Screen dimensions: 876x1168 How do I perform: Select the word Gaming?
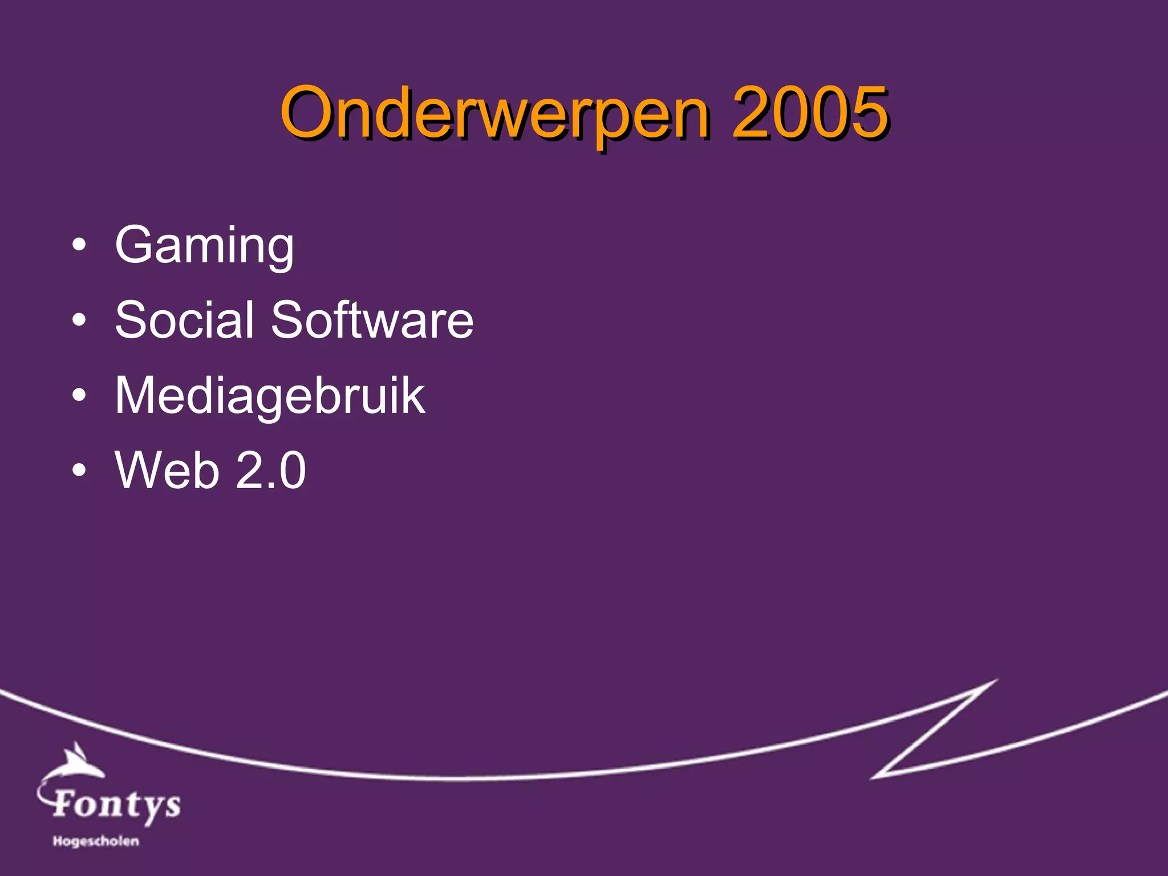coord(204,245)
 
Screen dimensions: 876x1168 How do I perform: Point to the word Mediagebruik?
coord(270,396)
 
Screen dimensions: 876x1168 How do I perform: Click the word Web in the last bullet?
coord(167,470)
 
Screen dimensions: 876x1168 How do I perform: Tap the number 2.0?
coord(270,470)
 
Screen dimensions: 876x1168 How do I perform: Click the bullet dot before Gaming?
coord(79,246)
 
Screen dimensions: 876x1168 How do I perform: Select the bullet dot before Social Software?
coord(79,321)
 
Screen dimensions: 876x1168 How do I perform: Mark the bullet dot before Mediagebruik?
coord(79,395)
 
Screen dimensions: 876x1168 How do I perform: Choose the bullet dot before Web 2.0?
coord(79,470)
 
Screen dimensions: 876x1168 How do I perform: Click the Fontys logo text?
coord(117,804)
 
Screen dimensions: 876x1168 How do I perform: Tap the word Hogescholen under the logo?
coord(96,841)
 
